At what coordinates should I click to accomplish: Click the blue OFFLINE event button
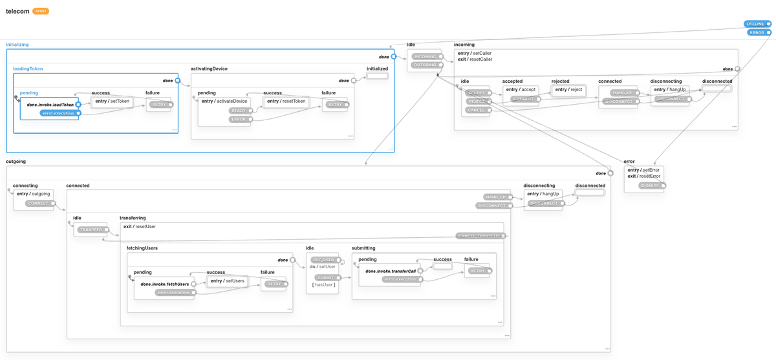point(755,24)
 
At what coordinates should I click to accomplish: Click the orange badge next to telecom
point(41,11)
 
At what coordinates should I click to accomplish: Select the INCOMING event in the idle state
point(425,57)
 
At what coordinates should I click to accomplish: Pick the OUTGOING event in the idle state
point(425,65)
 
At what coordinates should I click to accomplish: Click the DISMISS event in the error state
point(649,185)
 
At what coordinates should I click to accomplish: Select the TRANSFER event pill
point(91,229)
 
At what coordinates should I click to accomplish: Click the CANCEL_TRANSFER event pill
point(479,236)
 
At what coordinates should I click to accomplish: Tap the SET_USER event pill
point(323,260)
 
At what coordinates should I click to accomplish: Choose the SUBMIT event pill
point(326,278)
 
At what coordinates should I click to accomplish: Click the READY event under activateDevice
point(238,111)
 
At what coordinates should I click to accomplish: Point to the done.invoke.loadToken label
point(50,104)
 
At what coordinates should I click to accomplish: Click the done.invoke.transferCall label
point(390,271)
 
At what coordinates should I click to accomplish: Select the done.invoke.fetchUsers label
point(164,284)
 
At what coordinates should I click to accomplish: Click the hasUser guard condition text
point(323,285)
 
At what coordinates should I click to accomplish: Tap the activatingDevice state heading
point(209,69)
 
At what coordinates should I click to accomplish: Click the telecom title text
point(17,11)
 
